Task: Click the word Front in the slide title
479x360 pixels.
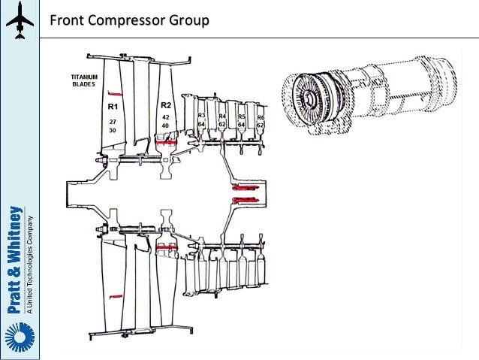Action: coord(68,19)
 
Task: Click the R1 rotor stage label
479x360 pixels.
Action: coord(113,107)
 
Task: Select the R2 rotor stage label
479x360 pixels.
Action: coord(166,106)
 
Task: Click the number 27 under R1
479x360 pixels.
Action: coord(113,120)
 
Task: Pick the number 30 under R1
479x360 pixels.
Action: coord(113,129)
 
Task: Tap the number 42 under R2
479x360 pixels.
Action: coord(166,117)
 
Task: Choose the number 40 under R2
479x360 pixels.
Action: coord(166,126)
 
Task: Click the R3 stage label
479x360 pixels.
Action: coord(201,116)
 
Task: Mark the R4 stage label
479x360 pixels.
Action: coord(222,116)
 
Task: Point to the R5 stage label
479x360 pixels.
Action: coord(241,116)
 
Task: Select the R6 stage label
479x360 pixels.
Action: coord(260,117)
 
